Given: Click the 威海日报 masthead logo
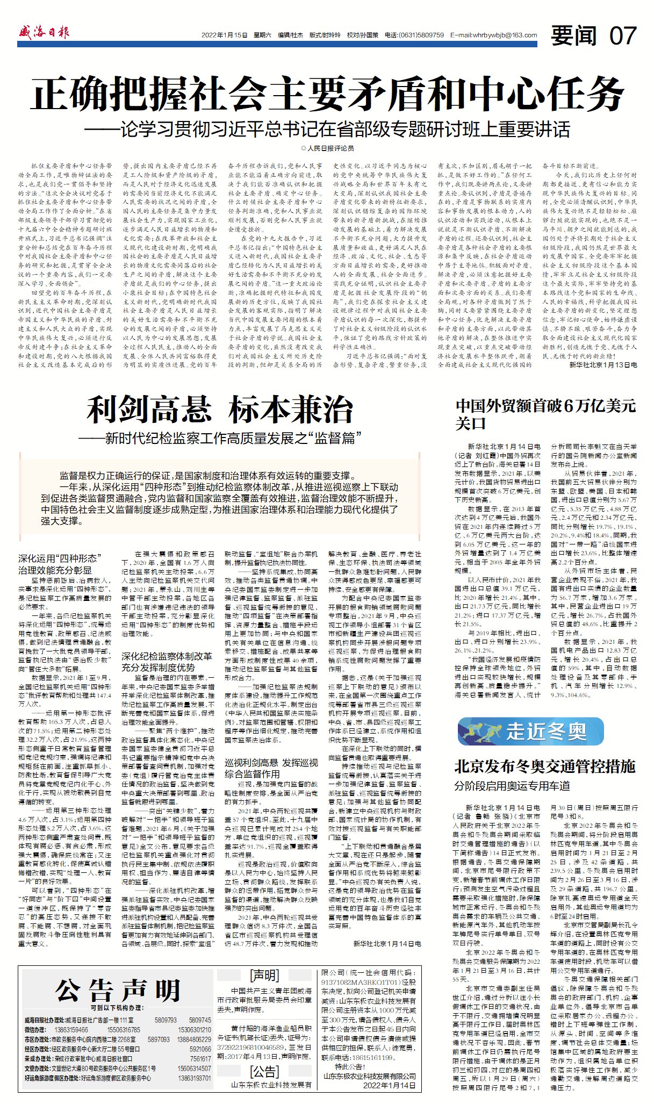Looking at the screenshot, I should pyautogui.click(x=44, y=33).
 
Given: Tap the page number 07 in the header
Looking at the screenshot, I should pyautogui.click(x=623, y=36).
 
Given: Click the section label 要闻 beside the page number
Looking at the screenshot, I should pyautogui.click(x=574, y=36).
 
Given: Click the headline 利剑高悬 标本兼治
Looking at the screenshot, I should pyautogui.click(x=220, y=410).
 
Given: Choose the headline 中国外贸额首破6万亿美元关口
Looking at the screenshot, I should pyautogui.click(x=545, y=414).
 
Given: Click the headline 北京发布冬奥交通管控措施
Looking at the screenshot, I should pyautogui.click(x=545, y=766).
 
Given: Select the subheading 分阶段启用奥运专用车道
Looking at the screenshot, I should pyautogui.click(x=512, y=786).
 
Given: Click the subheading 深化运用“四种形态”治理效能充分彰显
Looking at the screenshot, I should pyautogui.click(x=59, y=564).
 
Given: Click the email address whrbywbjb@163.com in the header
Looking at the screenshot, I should pyautogui.click(x=494, y=35).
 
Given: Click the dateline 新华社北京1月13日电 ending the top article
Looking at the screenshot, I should pyautogui.click(x=603, y=364).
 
